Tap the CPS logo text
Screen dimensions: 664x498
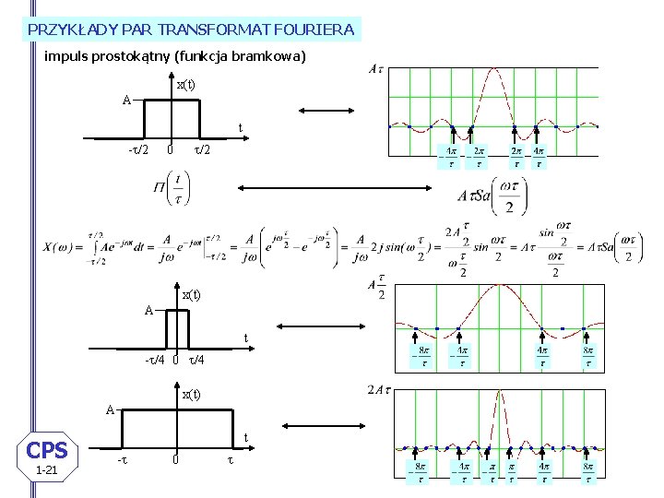pyautogui.click(x=47, y=450)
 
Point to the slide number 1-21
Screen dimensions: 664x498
pyautogui.click(x=46, y=471)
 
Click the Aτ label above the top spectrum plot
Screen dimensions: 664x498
pyautogui.click(x=375, y=69)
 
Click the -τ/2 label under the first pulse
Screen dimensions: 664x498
pyautogui.click(x=137, y=150)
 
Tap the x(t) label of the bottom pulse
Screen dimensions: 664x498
pyautogui.click(x=190, y=395)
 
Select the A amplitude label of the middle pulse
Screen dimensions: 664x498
pyautogui.click(x=148, y=311)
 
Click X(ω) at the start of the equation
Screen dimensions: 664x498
pyautogui.click(x=58, y=247)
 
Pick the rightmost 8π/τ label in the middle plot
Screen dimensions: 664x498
pyautogui.click(x=587, y=357)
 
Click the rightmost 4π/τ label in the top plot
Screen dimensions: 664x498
pyautogui.click(x=538, y=157)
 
